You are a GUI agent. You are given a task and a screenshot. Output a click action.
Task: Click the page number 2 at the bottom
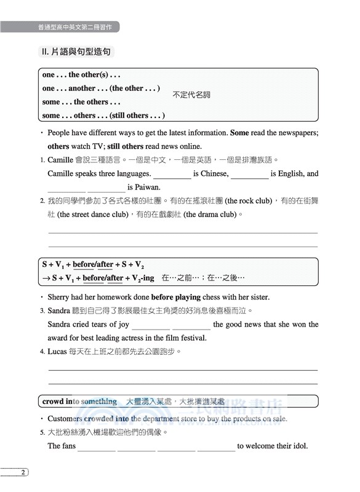pos(23,472)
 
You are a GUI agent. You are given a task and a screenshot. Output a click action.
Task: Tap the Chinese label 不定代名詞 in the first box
pos(191,95)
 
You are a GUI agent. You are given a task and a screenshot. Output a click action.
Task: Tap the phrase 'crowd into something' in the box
pos(79,402)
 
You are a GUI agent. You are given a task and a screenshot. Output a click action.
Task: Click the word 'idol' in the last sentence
pos(298,446)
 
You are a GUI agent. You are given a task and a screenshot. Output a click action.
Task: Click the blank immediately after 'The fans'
pos(96,448)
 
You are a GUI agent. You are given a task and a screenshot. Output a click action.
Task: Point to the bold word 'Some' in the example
pos(239,132)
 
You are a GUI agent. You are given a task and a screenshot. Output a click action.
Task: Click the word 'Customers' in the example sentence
pos(67,419)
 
